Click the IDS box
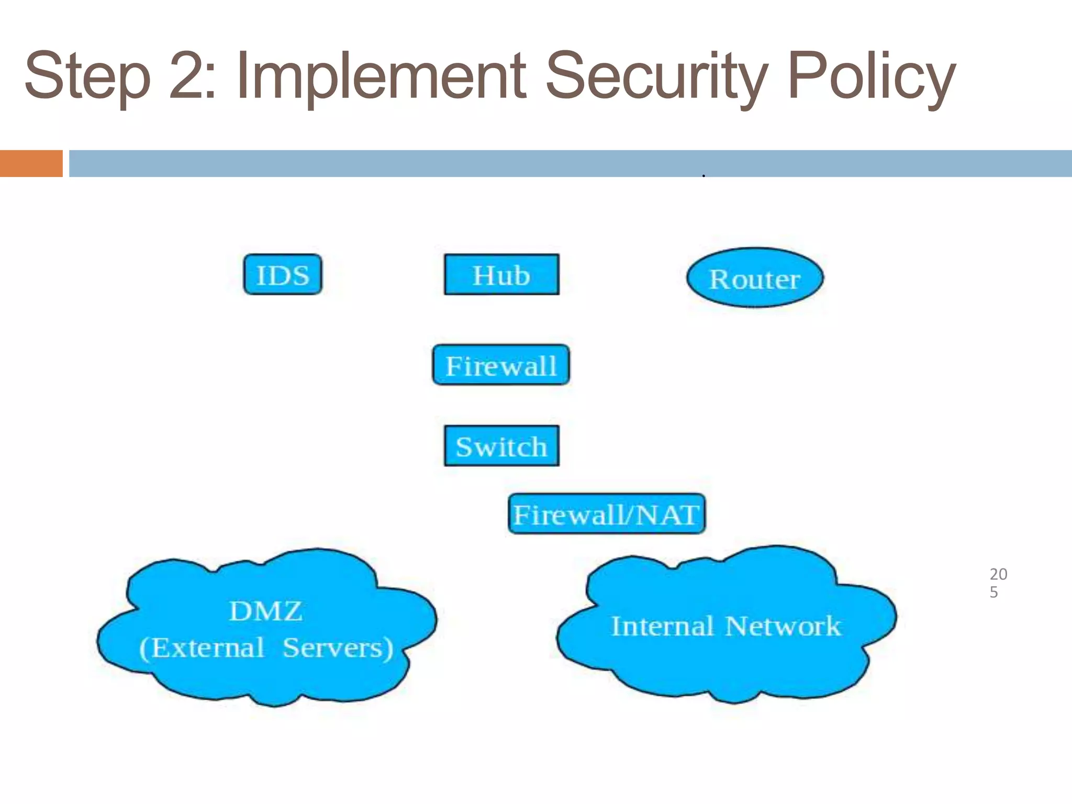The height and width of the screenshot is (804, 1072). coord(283,275)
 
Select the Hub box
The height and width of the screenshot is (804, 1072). coord(501,275)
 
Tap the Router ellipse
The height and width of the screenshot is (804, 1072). coord(755,278)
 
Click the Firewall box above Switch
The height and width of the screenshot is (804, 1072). coord(501,365)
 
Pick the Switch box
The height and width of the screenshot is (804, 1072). coord(501,446)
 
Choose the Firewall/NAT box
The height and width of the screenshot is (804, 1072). coord(606,514)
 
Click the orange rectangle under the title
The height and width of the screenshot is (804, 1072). coord(31,163)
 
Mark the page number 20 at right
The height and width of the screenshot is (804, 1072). coord(998,574)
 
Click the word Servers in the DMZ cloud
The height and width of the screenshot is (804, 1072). coord(338,648)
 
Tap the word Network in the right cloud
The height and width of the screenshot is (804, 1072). coord(783,626)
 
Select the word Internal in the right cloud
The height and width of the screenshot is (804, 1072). coord(662,626)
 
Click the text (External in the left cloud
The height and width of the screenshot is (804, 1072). coord(202,648)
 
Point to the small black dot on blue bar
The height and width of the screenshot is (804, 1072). coord(703,176)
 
